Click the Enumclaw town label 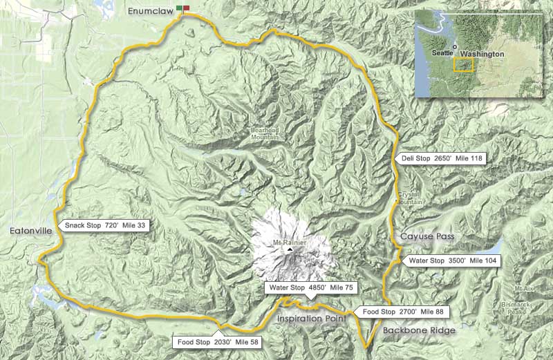[150, 10]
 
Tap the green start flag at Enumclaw [180, 8]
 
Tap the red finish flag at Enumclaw [187, 8]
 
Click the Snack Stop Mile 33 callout [106, 225]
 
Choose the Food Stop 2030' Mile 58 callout [218, 341]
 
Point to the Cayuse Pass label [427, 236]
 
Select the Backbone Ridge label [418, 330]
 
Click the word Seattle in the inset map [440, 53]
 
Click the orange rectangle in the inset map [462, 65]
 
